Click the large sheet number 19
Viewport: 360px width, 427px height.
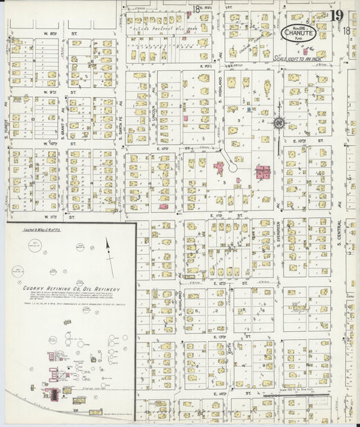coord(336,16)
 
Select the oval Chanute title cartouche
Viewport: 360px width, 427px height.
coord(297,32)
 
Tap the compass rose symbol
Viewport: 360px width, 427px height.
coord(278,123)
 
